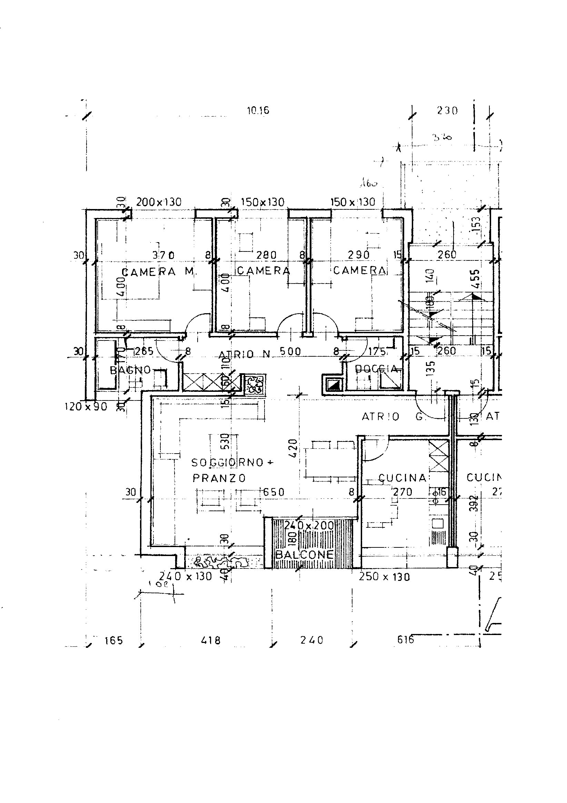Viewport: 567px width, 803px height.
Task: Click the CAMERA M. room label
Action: click(x=159, y=272)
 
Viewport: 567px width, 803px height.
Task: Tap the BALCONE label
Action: click(x=304, y=554)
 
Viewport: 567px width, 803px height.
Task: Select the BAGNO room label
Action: click(x=130, y=370)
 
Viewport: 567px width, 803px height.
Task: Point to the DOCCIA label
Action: click(x=376, y=369)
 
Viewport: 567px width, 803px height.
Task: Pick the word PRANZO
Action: click(x=219, y=478)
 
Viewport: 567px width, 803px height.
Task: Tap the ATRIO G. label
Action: click(x=393, y=417)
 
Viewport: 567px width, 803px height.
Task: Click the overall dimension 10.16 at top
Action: click(x=258, y=111)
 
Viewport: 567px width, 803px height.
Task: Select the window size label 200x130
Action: click(x=159, y=202)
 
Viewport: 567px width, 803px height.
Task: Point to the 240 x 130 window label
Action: click(x=186, y=576)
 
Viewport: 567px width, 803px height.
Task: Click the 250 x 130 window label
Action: click(x=384, y=576)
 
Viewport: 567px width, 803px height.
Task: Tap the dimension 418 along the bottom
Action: click(x=211, y=640)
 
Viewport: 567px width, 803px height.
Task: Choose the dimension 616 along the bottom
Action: click(x=405, y=640)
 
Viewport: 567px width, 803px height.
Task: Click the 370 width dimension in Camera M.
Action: click(x=163, y=255)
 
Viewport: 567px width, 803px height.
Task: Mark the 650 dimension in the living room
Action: click(x=273, y=492)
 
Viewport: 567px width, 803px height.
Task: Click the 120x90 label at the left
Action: click(x=86, y=407)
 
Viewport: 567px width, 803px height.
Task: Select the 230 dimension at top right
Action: click(x=447, y=111)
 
